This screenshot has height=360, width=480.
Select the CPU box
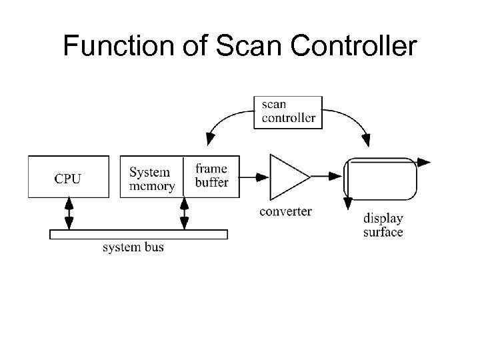coord(69,177)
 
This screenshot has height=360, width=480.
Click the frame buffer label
coord(211,175)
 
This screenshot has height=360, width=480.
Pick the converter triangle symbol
coord(285,177)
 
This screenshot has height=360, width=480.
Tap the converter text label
coord(285,211)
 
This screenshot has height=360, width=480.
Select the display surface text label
coord(383,225)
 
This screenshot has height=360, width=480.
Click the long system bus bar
coord(139,234)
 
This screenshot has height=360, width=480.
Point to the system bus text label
coord(133,248)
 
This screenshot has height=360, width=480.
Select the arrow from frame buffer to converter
coord(254,177)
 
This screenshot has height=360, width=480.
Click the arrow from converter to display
coord(327,177)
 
